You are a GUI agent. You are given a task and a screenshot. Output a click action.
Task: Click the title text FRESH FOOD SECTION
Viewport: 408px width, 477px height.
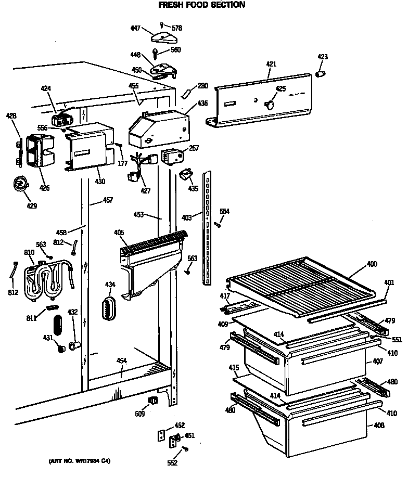click(x=201, y=5)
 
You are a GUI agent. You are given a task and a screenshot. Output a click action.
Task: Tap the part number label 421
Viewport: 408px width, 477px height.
click(x=271, y=64)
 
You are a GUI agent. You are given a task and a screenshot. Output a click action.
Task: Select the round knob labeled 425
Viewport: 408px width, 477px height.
click(x=269, y=104)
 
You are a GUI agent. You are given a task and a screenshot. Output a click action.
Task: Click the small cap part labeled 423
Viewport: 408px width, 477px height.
click(x=321, y=73)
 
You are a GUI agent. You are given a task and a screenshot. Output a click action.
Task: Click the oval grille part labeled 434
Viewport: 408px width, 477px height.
click(x=108, y=309)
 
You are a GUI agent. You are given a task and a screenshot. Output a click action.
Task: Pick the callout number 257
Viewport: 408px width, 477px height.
click(x=194, y=148)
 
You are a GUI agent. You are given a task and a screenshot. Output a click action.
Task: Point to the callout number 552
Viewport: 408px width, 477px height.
click(x=172, y=462)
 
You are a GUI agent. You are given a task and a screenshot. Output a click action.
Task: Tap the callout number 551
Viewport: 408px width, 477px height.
click(x=398, y=340)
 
